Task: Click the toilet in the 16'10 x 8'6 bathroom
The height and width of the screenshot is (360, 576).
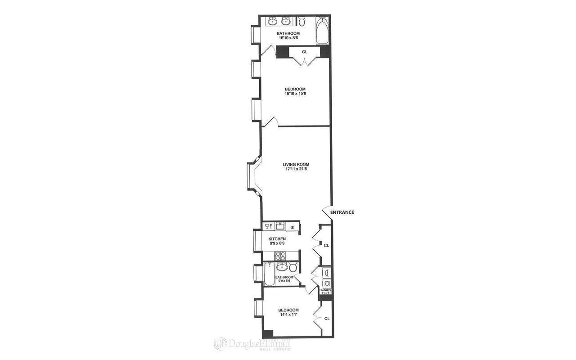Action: tap(302, 21)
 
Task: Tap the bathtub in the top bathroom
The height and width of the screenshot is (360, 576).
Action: tap(323, 31)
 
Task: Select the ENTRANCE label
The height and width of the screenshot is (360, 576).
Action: tap(342, 212)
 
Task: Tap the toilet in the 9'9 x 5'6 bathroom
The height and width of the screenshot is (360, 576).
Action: tap(293, 268)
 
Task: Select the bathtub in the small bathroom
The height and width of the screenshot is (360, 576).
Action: tap(269, 274)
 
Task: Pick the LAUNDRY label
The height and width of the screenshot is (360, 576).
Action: tap(325, 290)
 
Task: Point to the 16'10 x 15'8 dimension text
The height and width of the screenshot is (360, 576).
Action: tap(295, 94)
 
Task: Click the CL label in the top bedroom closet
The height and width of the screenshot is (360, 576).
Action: tap(305, 52)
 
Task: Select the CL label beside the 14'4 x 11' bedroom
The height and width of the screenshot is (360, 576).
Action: tap(327, 318)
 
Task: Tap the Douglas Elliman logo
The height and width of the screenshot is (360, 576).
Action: tap(252, 344)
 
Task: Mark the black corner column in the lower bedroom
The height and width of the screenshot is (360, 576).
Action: tap(268, 334)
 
